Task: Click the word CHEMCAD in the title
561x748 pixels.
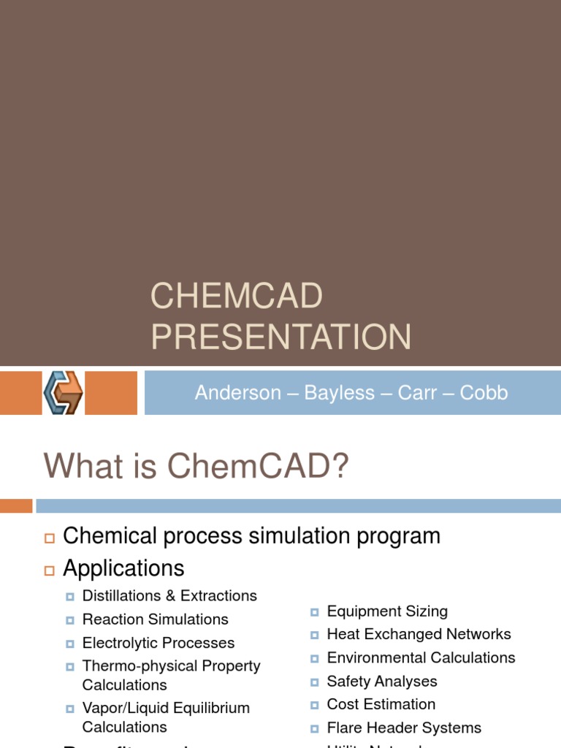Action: tap(236, 297)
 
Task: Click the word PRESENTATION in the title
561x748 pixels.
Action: tap(280, 337)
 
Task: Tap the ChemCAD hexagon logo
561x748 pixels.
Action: tap(63, 393)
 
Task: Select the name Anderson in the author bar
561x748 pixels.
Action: tap(237, 393)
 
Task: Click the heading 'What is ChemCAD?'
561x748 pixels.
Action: tap(196, 466)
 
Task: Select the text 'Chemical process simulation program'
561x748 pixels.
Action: tap(251, 535)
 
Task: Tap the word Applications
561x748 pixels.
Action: tap(123, 568)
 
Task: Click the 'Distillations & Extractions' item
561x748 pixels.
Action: tap(169, 595)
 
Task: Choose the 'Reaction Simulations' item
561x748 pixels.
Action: tap(155, 619)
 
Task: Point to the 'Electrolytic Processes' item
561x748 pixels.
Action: tap(159, 643)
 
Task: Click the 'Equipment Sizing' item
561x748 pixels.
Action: tap(387, 611)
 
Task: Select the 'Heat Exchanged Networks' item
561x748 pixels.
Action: tap(419, 634)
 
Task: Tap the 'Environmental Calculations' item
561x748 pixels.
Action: tap(421, 657)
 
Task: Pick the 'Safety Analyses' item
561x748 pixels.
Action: tap(382, 681)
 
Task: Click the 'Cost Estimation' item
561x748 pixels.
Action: tap(381, 704)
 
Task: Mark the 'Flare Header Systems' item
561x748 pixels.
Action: tap(404, 728)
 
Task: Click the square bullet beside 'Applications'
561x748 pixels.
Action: tap(50, 569)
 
